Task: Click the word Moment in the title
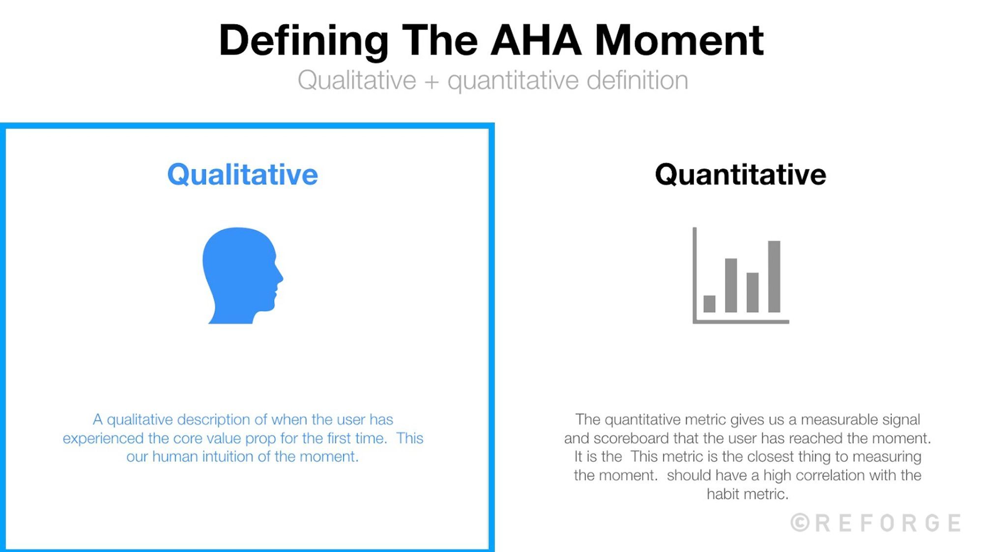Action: pos(679,40)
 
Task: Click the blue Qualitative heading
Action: pos(242,175)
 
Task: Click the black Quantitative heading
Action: pos(740,175)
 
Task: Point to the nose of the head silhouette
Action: pos(281,277)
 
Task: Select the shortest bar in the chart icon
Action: pos(709,304)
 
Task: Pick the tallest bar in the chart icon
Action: pos(774,276)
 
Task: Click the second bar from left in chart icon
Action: pos(731,285)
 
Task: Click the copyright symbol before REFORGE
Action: pos(800,523)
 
